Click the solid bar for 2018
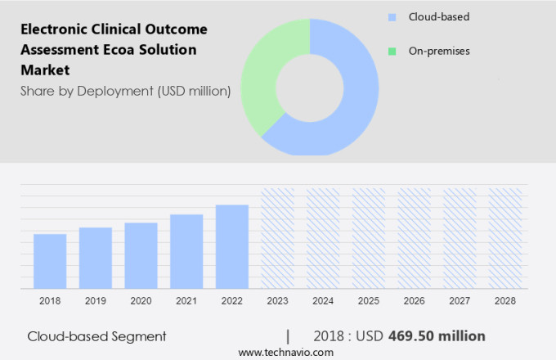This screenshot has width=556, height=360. tap(50, 261)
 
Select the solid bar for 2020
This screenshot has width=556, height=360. tap(141, 255)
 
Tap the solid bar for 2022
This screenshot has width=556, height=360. tap(232, 246)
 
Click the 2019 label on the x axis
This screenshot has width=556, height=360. tap(95, 301)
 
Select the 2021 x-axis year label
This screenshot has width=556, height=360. tap(186, 301)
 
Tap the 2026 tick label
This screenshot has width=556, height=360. tap(414, 301)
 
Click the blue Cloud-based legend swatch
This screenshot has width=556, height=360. tap(392, 16)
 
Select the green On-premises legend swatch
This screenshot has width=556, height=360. tap(392, 51)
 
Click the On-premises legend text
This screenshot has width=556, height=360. tap(439, 51)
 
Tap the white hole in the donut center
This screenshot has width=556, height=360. tap(310, 87)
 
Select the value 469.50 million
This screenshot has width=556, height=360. tap(436, 336)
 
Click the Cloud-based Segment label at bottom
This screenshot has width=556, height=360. tap(96, 336)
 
